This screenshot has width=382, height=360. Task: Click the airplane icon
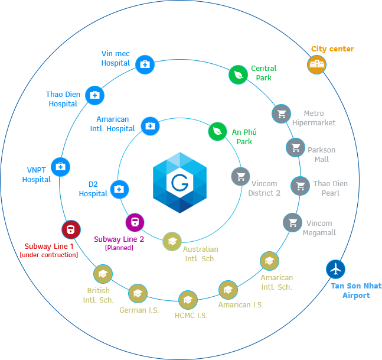[x=335, y=270]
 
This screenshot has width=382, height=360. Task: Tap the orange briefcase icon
[x=317, y=64]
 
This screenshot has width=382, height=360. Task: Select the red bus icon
[x=71, y=229]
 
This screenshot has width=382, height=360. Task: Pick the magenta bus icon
[x=135, y=222]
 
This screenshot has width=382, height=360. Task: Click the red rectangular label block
[x=48, y=250]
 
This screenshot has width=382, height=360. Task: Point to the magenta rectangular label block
[x=119, y=243]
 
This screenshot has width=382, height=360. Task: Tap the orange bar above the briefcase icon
[x=332, y=49]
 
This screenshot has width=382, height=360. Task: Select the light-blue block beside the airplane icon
[x=356, y=291]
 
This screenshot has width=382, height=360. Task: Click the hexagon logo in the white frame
[x=180, y=183]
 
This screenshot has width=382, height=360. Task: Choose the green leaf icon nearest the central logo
[x=217, y=131]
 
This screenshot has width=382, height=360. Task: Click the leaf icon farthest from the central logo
[x=238, y=74]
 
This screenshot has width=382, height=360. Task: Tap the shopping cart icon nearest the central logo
[x=240, y=176]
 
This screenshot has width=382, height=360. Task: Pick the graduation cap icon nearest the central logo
[x=172, y=241]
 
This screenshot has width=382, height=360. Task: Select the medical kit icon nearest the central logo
[x=150, y=126]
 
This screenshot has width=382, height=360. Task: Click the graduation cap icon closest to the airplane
[x=269, y=261]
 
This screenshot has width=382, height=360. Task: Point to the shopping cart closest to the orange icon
[x=281, y=113]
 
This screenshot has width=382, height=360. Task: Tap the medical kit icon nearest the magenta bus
[x=119, y=189]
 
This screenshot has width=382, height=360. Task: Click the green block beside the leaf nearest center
[x=244, y=136]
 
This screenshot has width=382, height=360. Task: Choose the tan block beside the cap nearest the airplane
[x=276, y=281]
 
